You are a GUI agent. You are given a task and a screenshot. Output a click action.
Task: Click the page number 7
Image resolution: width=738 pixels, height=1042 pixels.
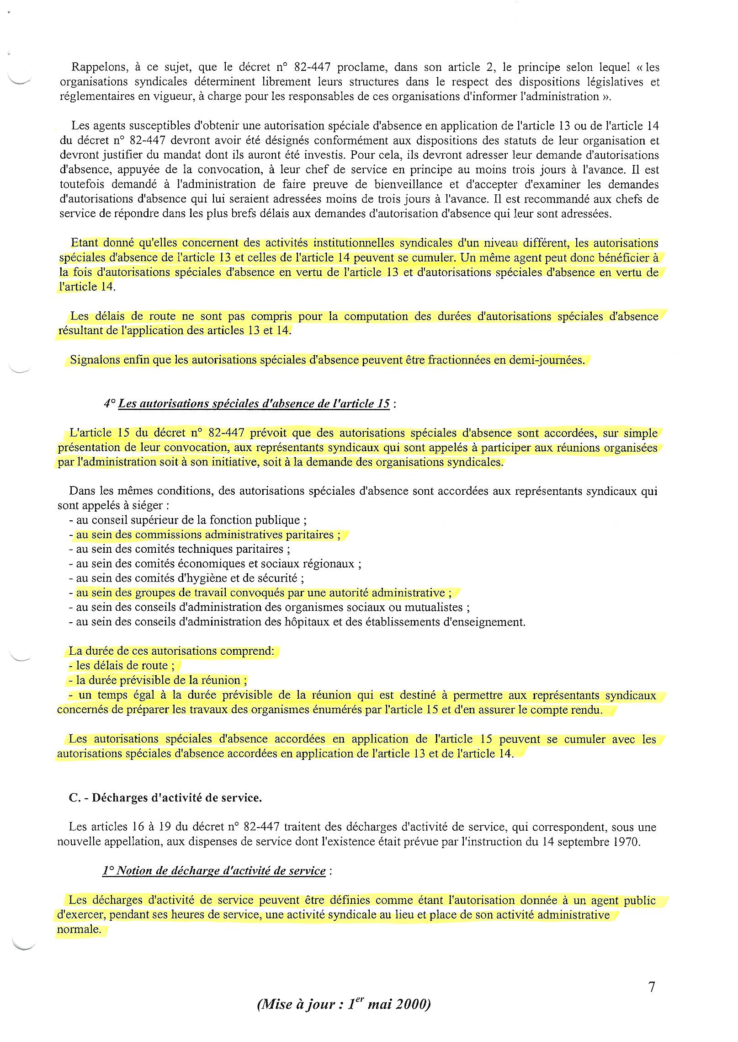click(x=652, y=987)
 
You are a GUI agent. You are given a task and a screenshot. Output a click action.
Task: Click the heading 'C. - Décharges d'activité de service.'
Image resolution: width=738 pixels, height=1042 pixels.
click(x=165, y=798)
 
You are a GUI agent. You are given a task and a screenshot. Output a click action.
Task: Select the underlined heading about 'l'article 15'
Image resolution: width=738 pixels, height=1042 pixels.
click(x=254, y=404)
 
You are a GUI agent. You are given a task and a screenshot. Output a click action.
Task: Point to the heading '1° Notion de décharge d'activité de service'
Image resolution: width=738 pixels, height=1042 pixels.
click(x=214, y=871)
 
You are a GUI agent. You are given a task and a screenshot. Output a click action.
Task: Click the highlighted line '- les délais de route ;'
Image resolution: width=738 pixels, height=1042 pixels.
click(x=122, y=666)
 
